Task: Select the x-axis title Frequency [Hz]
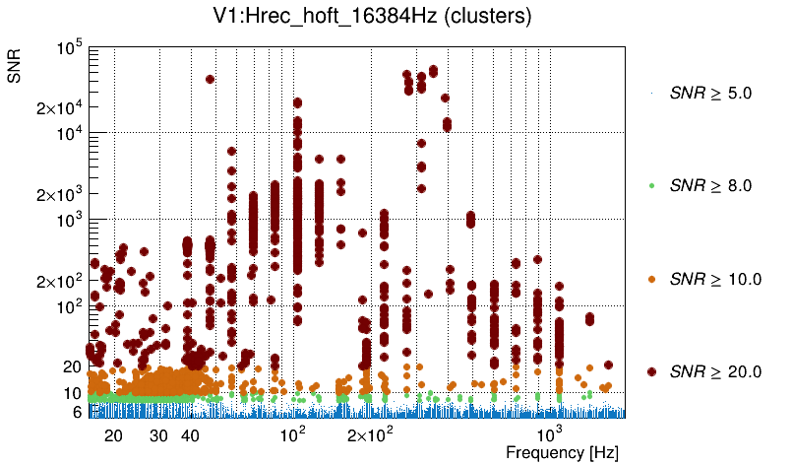[562, 453]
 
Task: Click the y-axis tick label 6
[76, 413]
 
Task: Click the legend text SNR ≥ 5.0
[710, 94]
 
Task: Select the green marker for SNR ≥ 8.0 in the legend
[652, 185]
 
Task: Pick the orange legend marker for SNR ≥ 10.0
[652, 279]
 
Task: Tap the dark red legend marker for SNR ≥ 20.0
[652, 371]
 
